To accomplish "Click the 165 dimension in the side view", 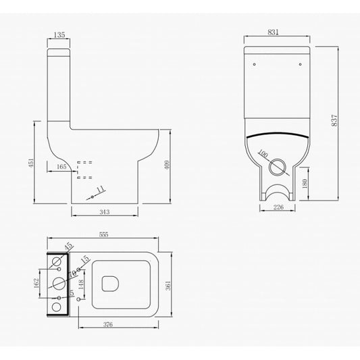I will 61,166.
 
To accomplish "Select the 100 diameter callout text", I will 262,155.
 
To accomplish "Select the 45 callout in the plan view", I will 68,247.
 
